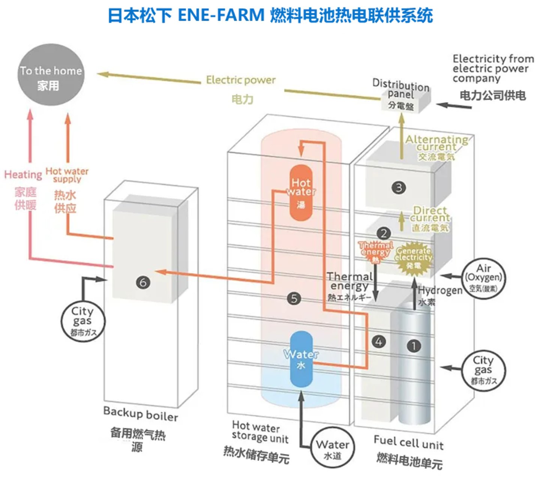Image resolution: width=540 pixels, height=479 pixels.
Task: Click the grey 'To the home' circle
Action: [x=51, y=75]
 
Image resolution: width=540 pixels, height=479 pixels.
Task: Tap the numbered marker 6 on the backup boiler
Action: [x=143, y=282]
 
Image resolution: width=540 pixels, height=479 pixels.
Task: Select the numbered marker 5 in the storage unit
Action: [x=294, y=298]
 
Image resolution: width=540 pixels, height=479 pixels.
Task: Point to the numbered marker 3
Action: [x=399, y=187]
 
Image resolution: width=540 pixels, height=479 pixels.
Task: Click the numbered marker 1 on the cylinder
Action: [x=414, y=346]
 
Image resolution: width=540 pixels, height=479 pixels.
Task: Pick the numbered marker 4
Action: [x=379, y=342]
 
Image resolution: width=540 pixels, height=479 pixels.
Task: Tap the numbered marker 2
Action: [x=384, y=233]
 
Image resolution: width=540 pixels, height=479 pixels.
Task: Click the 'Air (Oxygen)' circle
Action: [x=483, y=278]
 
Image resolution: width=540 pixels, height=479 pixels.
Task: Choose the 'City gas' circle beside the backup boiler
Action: [x=83, y=321]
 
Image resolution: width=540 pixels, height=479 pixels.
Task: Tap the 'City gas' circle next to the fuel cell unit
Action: [x=483, y=370]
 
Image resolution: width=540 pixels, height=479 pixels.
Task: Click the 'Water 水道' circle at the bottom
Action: [x=332, y=449]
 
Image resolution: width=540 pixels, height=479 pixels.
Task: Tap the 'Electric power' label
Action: [x=241, y=80]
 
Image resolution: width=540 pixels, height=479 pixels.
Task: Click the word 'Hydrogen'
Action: [x=440, y=290]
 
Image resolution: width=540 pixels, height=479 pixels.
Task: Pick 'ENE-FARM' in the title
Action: [x=221, y=15]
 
